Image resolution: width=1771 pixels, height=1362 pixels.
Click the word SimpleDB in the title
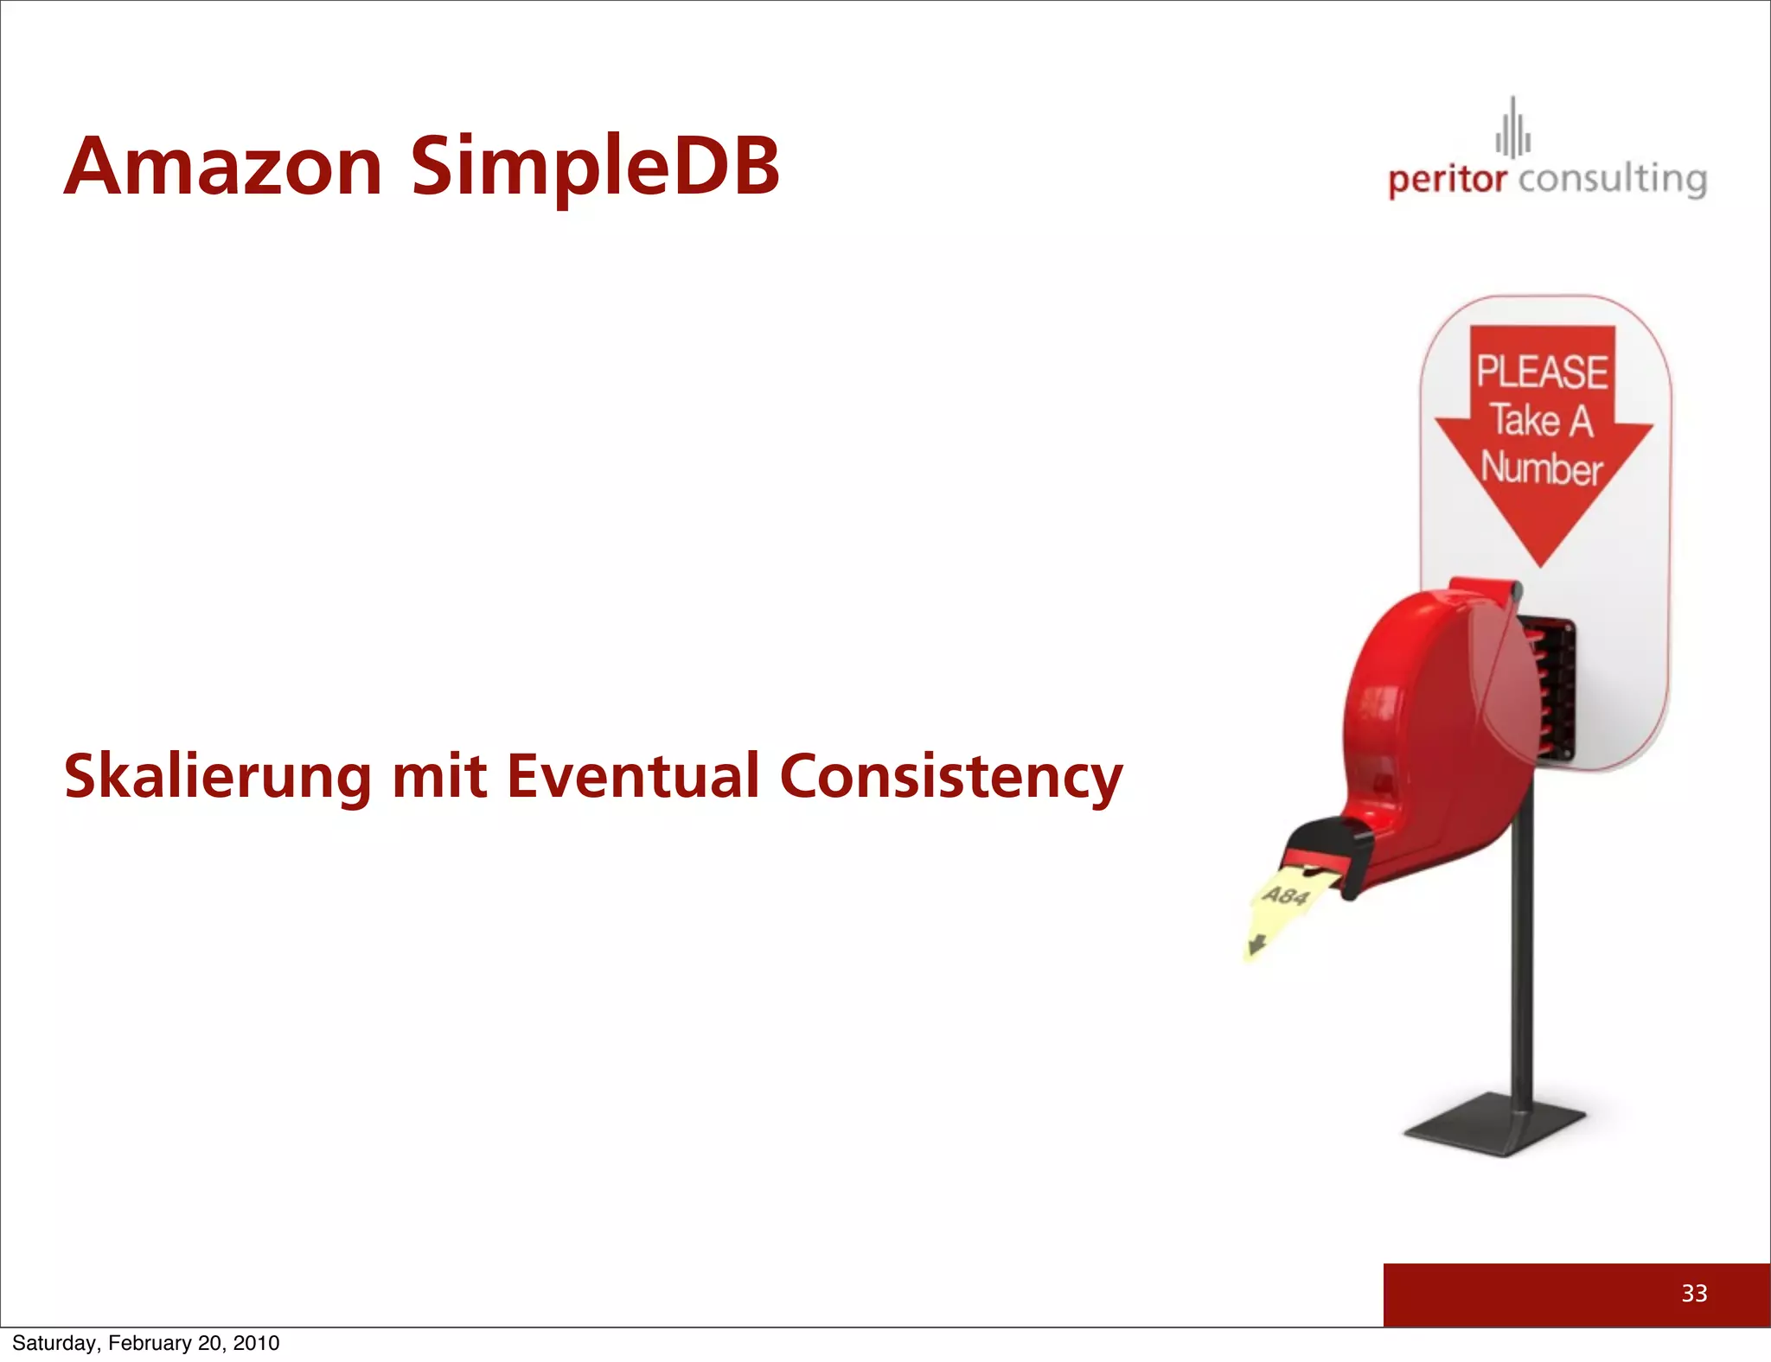(x=595, y=169)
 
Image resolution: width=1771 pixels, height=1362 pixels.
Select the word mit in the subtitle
(x=438, y=775)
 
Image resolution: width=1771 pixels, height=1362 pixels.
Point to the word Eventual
(x=632, y=775)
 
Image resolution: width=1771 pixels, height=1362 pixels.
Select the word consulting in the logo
(x=1612, y=180)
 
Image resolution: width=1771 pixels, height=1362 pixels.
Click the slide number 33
(x=1694, y=1293)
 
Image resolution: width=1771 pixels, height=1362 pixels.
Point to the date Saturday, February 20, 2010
(x=146, y=1343)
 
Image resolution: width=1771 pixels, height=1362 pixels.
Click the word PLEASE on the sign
(x=1542, y=372)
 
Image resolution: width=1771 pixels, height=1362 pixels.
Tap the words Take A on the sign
(x=1540, y=421)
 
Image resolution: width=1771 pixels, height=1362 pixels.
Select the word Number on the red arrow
(x=1542, y=468)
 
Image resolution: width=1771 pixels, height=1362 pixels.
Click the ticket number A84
(x=1286, y=895)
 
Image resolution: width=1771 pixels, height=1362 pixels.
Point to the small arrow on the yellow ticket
(x=1256, y=945)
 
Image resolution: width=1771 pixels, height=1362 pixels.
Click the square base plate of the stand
(x=1495, y=1124)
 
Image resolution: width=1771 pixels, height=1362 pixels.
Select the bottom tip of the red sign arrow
(x=1541, y=562)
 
